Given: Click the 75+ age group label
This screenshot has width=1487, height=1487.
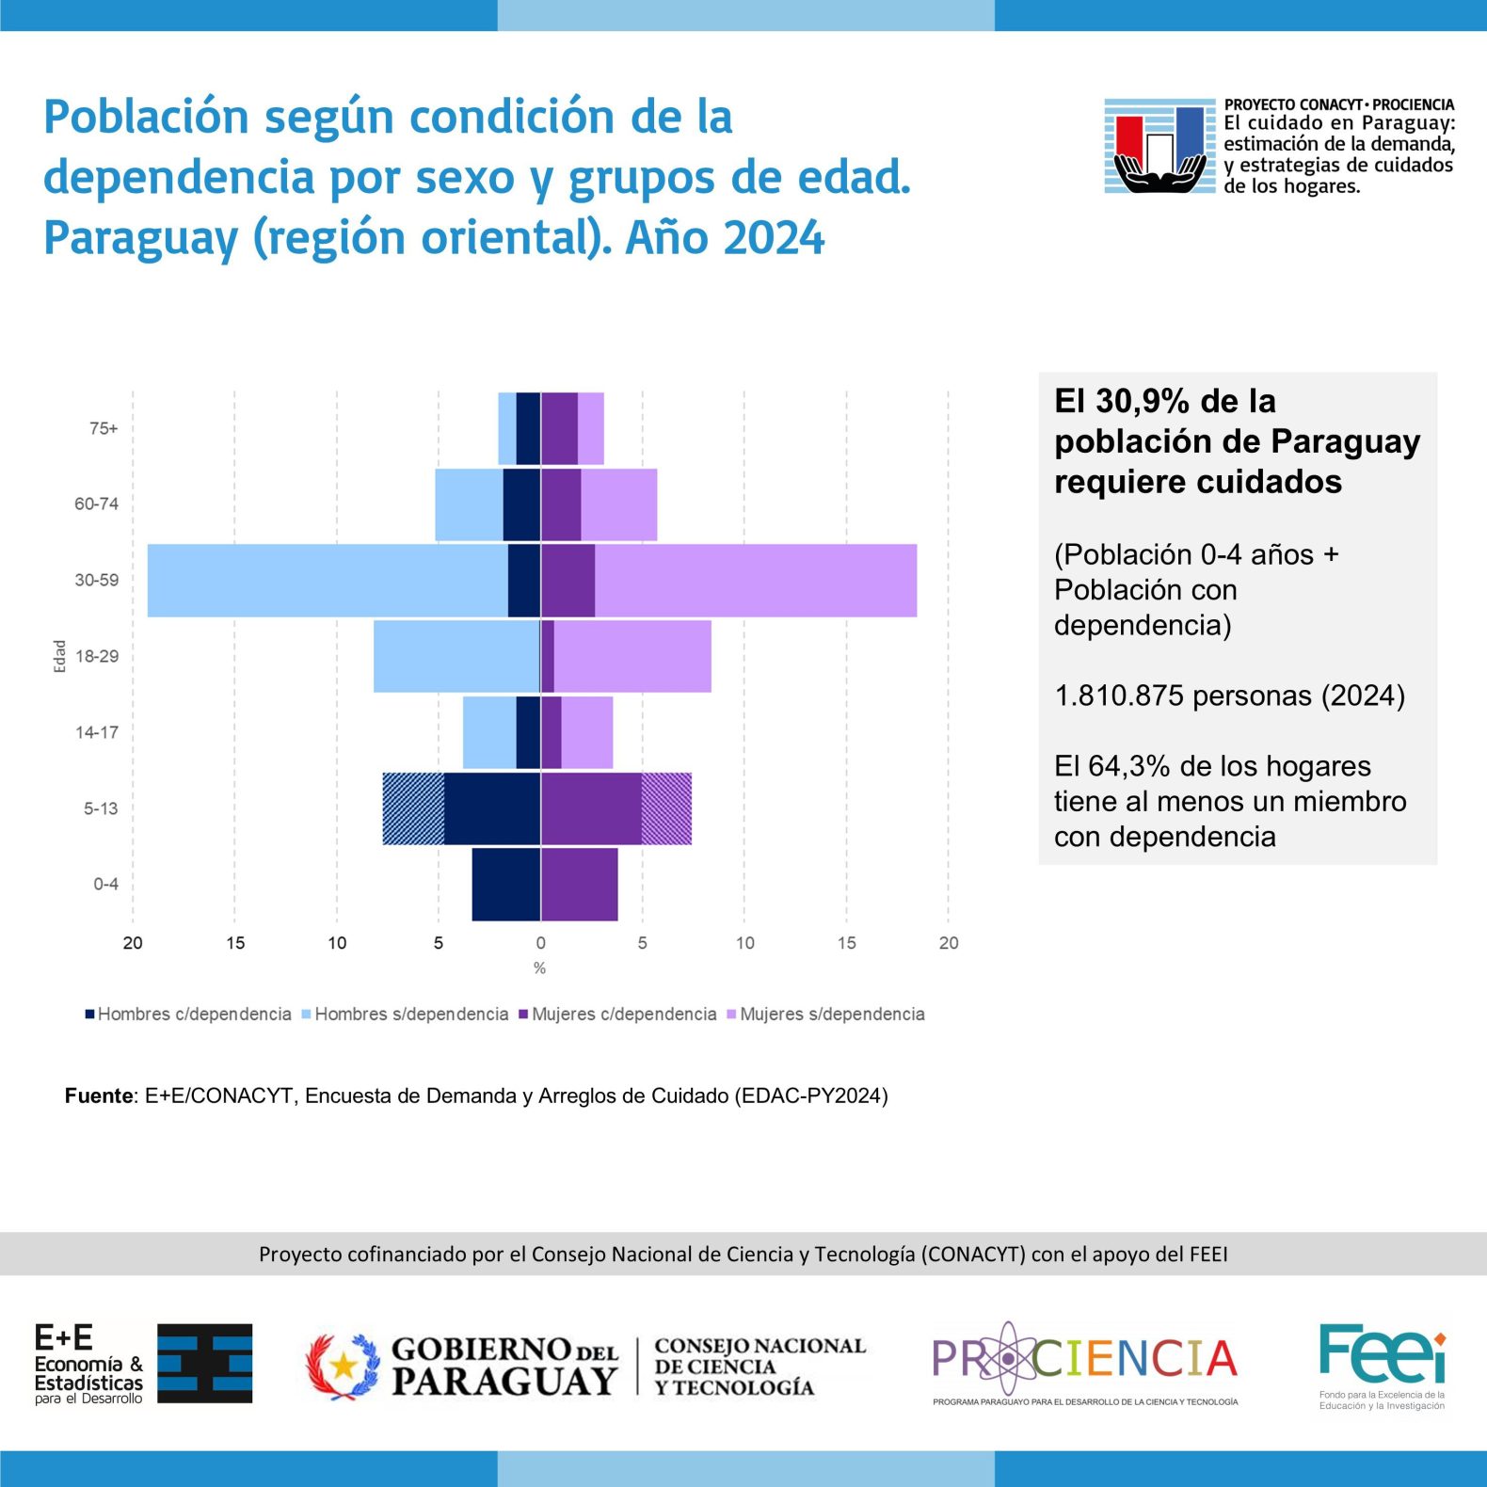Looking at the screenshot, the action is pos(104,428).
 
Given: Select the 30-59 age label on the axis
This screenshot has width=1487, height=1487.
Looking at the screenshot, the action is pos(97,580).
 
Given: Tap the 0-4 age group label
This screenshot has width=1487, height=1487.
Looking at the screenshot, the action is pos(105,884).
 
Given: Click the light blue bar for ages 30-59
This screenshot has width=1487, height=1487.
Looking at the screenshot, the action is pos(328,581).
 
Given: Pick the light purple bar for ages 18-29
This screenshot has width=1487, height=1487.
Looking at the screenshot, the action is pos(632,656).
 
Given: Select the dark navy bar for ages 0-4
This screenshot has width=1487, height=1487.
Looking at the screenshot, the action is pos(506,885).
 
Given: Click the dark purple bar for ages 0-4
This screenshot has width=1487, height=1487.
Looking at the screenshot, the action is pos(580,885).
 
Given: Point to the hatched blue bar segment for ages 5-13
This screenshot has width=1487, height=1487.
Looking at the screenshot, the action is pos(413,808).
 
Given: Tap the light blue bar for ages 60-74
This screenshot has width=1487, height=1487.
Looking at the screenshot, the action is pos(469,504).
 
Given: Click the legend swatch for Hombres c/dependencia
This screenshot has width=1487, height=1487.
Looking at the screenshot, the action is pos(89,1015).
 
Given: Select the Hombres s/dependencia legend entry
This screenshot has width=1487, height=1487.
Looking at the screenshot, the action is pos(405,1015).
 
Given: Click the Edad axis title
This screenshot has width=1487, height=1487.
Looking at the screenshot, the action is pos(59,656).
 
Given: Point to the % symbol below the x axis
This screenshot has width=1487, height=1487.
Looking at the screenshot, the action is pos(539,968).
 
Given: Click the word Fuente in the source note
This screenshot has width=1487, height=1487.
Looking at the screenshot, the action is pos(99,1095).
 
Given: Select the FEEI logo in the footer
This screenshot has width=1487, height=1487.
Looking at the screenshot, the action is pos(1382,1366).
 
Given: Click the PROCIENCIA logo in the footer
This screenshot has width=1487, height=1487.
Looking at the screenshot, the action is pos(1085,1363).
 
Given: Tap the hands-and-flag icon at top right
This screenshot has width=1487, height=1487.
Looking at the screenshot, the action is pos(1160,146).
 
